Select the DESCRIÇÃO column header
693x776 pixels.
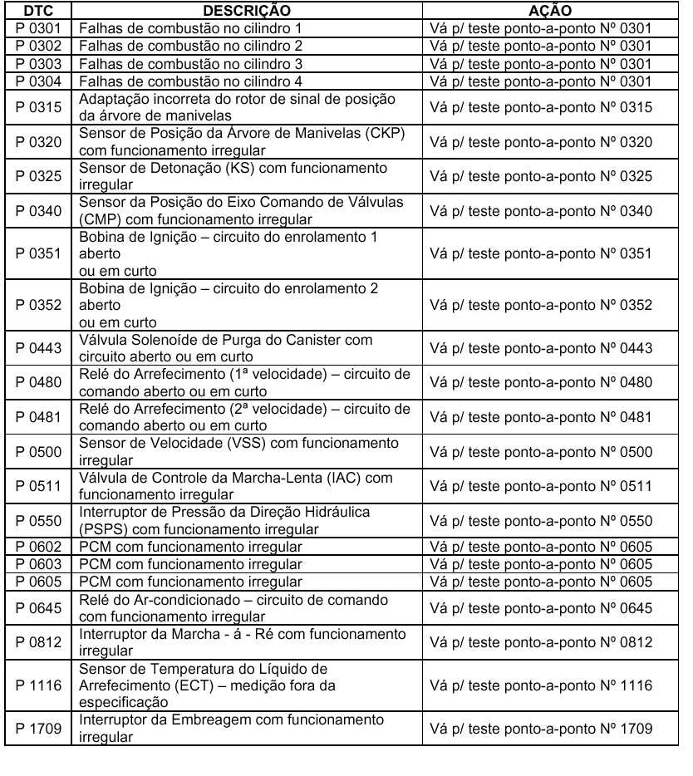(248, 11)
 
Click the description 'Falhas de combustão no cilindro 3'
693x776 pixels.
(190, 63)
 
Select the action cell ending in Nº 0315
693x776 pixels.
(542, 106)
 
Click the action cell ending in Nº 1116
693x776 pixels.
(542, 685)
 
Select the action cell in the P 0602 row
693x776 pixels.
(542, 547)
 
